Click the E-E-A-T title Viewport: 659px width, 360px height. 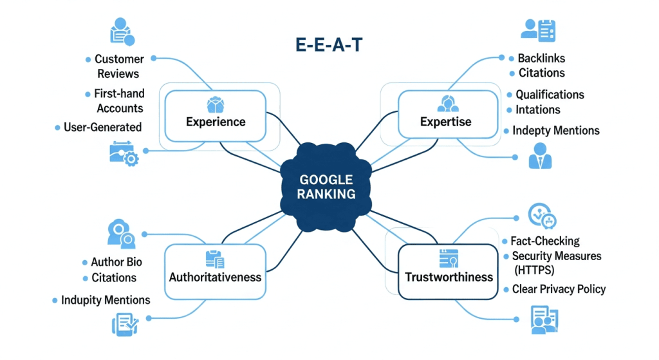328,46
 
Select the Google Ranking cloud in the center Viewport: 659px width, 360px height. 326,187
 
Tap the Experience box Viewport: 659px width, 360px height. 216,116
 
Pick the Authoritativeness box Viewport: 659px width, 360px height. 215,271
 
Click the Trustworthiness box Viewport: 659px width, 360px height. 449,271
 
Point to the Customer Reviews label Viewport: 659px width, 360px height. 118,66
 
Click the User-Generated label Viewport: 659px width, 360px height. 102,127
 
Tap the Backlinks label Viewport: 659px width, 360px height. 541,59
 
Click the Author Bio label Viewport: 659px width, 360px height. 116,262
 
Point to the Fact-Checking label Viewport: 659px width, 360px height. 544,241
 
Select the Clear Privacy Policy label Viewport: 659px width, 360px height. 559,289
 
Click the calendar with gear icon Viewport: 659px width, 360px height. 124,153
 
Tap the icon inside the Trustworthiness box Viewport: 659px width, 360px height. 448,258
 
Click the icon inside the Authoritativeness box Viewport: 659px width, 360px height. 214,259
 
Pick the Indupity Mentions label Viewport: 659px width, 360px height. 106,300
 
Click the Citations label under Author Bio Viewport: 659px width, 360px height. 114,278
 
